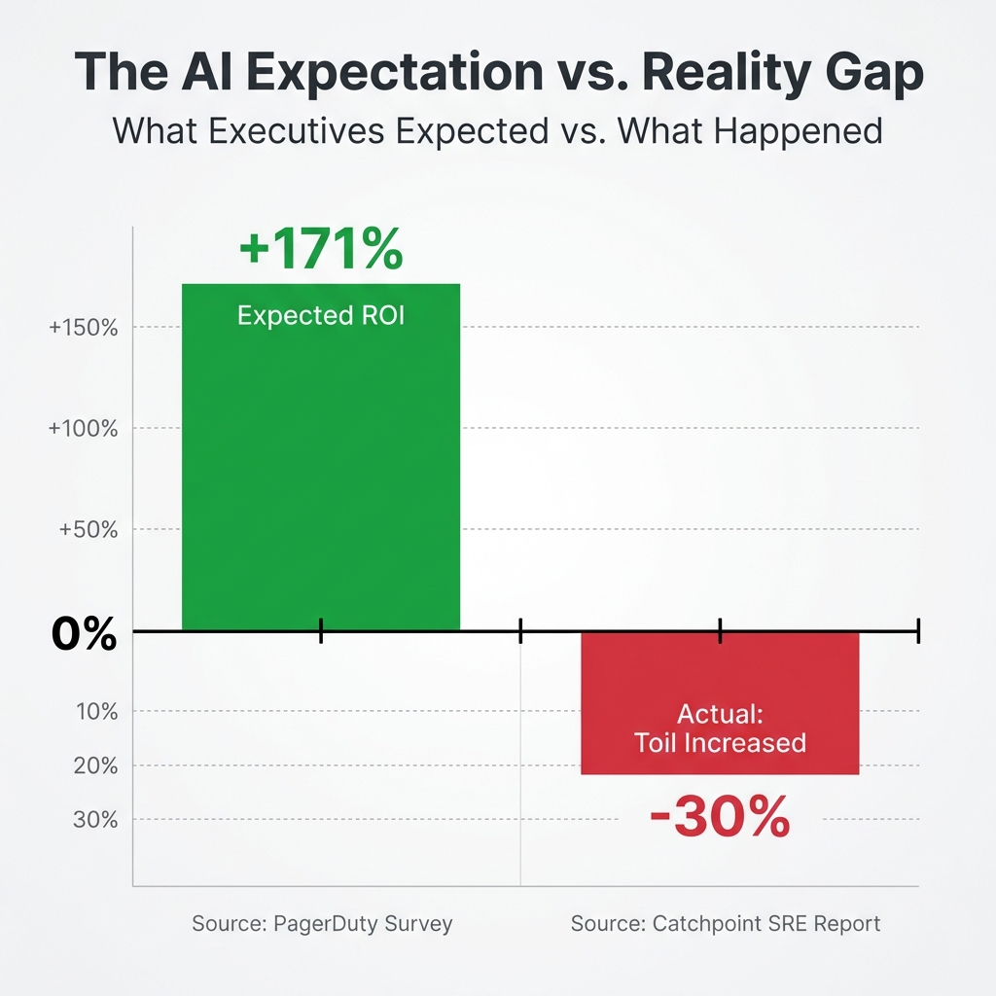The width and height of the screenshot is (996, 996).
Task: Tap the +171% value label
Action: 320,249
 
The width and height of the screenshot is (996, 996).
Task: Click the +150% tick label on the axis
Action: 84,328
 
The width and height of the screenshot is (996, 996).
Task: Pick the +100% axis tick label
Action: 84,429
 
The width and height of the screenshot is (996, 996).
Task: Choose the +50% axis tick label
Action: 89,530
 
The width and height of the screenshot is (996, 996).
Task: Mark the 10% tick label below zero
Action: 97,712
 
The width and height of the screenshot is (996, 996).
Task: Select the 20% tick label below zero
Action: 97,765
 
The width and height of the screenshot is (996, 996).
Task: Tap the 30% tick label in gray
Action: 97,819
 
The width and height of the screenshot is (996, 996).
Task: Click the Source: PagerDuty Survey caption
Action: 322,923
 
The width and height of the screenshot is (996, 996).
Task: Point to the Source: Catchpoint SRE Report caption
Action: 726,923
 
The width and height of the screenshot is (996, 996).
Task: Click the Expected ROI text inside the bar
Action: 320,315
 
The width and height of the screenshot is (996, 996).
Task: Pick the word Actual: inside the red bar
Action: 720,714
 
